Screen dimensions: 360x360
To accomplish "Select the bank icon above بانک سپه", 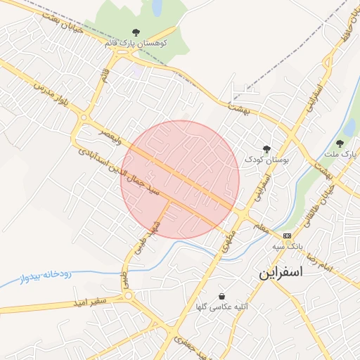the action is (x=287, y=235).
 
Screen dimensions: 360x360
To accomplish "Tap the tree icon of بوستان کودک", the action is (x=266, y=148).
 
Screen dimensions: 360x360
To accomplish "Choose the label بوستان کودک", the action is (x=262, y=160).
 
